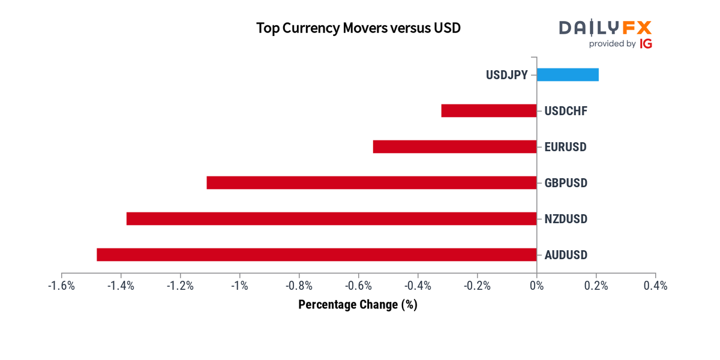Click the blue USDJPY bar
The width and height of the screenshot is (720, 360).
(568, 74)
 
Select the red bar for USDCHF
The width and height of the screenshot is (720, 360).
(489, 110)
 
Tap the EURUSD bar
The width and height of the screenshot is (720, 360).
(455, 146)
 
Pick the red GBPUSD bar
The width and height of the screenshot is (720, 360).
(371, 182)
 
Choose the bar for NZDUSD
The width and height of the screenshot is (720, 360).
(331, 218)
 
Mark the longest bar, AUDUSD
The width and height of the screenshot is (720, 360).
(316, 254)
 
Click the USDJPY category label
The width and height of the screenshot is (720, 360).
(507, 75)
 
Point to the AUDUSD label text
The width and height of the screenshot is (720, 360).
(566, 255)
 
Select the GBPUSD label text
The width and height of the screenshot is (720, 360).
(566, 183)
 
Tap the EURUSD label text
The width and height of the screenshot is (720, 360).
(565, 147)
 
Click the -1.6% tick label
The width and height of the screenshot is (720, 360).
(61, 286)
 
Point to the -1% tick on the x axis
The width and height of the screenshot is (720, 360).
(240, 286)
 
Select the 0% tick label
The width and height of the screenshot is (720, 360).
(536, 286)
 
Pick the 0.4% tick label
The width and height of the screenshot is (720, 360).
(655, 286)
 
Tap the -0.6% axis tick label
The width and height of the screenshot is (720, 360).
(358, 286)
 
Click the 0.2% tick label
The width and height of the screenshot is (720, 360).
(596, 286)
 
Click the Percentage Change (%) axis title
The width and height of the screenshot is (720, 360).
(358, 305)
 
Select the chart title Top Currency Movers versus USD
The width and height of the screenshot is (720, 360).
(358, 28)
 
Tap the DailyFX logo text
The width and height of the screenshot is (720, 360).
(605, 28)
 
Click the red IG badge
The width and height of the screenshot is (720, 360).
(646, 44)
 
